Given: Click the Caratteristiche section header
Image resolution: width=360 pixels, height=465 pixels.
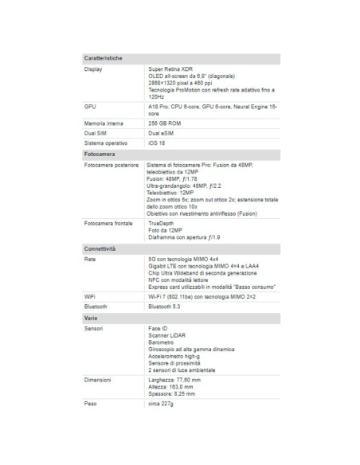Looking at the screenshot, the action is click(103, 59).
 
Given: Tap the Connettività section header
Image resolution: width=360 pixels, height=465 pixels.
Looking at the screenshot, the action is click(100, 249).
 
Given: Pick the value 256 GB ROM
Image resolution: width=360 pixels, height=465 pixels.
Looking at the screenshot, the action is click(166, 124).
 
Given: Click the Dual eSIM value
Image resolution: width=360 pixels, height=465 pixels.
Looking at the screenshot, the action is click(162, 134).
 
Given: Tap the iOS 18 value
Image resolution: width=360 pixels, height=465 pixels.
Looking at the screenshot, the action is click(157, 143).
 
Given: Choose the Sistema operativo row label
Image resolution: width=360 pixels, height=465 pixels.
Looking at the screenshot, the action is click(106, 143).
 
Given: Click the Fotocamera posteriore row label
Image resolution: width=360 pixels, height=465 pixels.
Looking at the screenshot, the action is click(111, 164).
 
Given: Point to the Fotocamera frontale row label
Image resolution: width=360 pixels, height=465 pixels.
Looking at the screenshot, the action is click(108, 223).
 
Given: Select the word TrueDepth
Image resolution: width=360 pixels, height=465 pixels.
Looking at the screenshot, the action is click(162, 223).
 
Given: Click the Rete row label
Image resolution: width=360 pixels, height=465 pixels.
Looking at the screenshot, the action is click(90, 260).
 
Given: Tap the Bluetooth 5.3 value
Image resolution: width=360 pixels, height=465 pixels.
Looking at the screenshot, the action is click(165, 305).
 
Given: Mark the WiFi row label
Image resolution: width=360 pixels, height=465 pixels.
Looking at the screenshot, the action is click(90, 295).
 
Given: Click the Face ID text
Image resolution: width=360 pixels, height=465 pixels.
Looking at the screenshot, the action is click(158, 328).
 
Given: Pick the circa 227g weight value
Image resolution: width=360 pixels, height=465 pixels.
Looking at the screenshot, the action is click(161, 404).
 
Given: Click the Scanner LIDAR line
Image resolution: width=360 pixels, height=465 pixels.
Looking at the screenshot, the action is click(166, 335).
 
